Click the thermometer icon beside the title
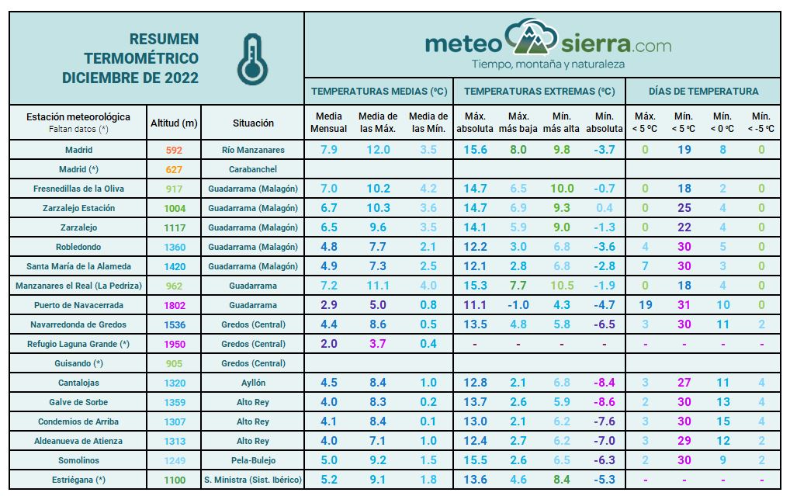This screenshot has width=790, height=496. [252, 59]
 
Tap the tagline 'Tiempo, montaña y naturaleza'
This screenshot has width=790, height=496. [548, 64]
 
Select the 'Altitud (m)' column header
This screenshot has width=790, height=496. [174, 123]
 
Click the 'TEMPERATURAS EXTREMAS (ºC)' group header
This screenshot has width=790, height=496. [539, 92]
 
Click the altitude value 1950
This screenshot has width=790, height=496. [175, 344]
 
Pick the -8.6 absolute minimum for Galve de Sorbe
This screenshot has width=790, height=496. [604, 402]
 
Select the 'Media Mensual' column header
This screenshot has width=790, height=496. [328, 123]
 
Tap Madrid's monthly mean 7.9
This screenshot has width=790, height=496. [328, 150]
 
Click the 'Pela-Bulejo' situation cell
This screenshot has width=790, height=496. [253, 460]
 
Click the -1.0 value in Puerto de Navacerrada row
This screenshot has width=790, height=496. [518, 305]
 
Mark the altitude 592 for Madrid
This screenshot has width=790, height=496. [175, 150]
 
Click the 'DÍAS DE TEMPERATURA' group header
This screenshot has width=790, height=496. [703, 92]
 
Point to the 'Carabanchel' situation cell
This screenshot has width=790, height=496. [253, 169]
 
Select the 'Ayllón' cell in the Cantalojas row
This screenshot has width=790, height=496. [253, 383]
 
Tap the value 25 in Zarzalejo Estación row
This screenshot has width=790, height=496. [684, 208]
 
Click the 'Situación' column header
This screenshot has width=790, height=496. [253, 123]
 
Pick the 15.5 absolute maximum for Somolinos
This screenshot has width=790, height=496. [475, 460]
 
